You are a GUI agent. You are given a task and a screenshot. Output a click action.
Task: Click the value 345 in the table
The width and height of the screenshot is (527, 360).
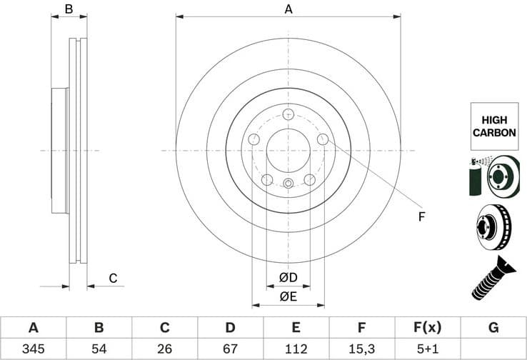[x=33, y=349]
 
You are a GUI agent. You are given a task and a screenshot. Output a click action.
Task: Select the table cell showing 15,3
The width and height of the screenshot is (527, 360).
[x=362, y=349]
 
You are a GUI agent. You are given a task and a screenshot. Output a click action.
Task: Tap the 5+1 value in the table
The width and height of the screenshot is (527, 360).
[x=428, y=349]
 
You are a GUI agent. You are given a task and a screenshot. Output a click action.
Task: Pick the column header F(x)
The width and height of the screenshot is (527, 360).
[x=428, y=328]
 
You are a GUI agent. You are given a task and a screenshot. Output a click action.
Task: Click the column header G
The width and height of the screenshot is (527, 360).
[x=493, y=328]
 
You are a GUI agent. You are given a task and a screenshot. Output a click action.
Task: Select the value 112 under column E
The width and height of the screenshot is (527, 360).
[x=296, y=349]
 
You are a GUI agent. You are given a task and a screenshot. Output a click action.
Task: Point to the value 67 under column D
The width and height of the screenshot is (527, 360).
[x=230, y=349]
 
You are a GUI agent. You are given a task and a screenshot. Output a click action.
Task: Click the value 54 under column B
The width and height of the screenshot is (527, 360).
[x=99, y=349]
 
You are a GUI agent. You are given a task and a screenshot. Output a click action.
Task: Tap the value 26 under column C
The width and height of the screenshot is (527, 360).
[x=164, y=349]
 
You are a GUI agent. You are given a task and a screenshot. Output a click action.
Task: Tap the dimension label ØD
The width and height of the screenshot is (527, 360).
[x=288, y=276]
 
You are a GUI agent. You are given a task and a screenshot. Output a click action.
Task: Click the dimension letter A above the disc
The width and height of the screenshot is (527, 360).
[x=288, y=9]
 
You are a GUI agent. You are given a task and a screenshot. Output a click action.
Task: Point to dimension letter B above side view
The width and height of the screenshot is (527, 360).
[x=69, y=9]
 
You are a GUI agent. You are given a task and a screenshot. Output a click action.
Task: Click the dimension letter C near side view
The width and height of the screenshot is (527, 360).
[x=112, y=278]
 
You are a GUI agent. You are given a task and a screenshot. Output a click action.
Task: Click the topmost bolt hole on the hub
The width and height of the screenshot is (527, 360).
[x=288, y=114]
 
